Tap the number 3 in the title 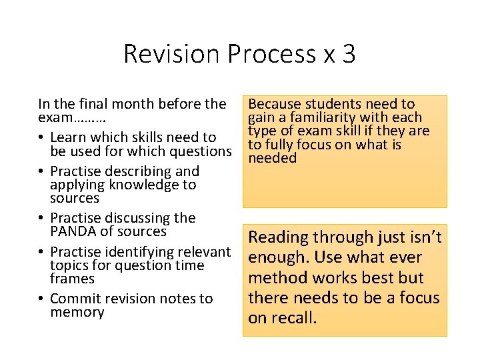(348, 54)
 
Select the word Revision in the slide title (170, 54)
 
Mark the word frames (72, 279)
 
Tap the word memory (77, 313)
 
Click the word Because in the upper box (273, 104)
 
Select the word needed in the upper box (272, 158)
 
